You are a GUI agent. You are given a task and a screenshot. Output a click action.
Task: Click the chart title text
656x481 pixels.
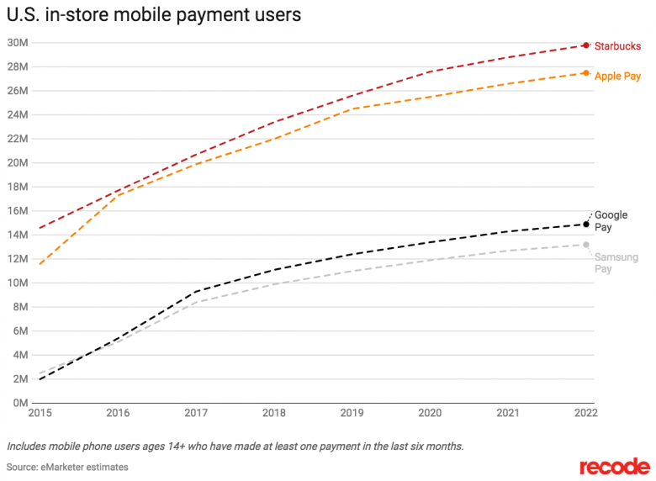(x=154, y=14)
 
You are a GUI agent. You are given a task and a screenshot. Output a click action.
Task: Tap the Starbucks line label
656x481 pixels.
(x=617, y=45)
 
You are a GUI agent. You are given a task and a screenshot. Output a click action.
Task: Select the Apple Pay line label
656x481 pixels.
(x=617, y=77)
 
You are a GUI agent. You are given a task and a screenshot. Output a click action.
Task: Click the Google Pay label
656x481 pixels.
(x=611, y=221)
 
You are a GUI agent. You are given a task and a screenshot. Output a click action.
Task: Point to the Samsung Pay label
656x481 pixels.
(x=615, y=263)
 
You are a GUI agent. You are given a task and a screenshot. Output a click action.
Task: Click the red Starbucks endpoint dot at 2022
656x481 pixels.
(x=586, y=45)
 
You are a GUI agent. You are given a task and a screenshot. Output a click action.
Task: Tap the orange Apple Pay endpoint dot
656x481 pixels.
(x=586, y=73)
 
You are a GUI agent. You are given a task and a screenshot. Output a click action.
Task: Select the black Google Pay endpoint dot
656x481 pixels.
(x=586, y=225)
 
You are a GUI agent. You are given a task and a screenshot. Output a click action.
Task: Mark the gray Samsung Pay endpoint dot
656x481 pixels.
(x=586, y=245)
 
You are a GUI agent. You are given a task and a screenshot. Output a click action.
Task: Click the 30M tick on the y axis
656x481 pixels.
(x=17, y=42)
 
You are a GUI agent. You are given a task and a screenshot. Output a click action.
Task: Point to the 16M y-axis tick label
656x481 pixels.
(x=17, y=210)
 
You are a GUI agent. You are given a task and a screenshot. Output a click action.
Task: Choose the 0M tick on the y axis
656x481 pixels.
(x=19, y=403)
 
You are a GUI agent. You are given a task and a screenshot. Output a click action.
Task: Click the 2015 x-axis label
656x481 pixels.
(x=40, y=413)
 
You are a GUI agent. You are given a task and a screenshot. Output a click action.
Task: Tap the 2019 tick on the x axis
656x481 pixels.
(x=352, y=413)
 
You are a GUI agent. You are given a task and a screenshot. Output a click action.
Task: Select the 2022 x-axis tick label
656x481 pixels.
(x=585, y=413)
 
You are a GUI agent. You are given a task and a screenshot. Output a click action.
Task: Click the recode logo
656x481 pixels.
(x=614, y=466)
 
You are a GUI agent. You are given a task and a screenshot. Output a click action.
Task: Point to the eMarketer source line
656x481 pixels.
(x=68, y=467)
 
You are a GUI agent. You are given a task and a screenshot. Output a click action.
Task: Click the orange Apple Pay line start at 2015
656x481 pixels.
(x=40, y=264)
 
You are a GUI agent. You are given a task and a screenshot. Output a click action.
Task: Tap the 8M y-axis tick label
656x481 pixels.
(x=19, y=307)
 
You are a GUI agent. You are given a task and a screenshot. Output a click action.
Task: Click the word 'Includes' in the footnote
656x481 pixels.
(x=27, y=446)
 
